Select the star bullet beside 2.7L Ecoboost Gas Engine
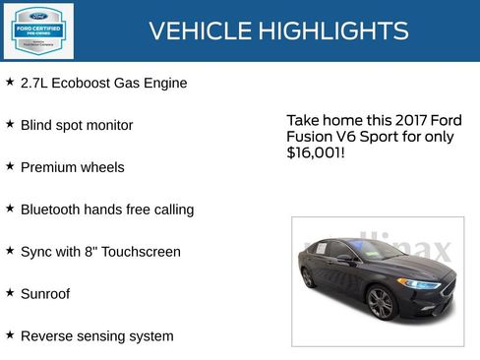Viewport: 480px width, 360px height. pyautogui.click(x=10, y=83)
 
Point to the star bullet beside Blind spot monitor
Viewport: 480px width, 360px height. pyautogui.click(x=10, y=125)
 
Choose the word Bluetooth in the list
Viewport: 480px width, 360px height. pyautogui.click(x=51, y=210)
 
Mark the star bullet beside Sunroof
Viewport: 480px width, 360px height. pyautogui.click(x=10, y=293)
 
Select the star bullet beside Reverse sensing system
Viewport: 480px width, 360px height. pyautogui.click(x=10, y=335)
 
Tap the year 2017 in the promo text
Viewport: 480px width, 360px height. pyautogui.click(x=385, y=120)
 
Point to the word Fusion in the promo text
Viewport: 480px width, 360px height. pyautogui.click(x=309, y=137)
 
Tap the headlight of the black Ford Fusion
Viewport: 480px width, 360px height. pyautogui.click(x=420, y=284)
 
